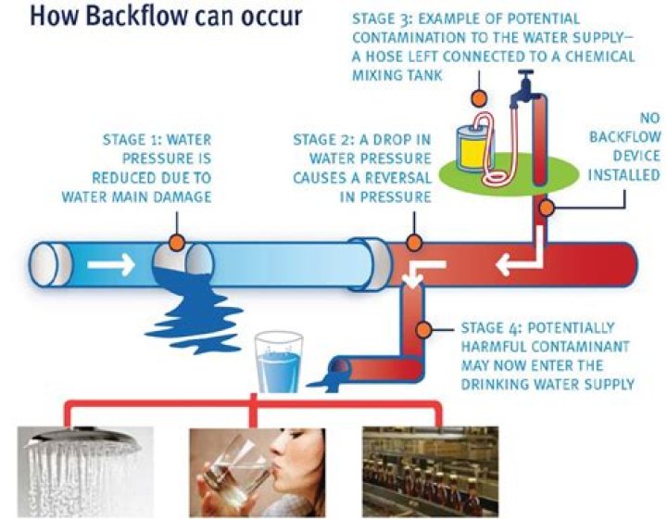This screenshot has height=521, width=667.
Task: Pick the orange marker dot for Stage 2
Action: [415, 243]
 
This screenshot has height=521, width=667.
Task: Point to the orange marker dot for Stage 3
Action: [478, 97]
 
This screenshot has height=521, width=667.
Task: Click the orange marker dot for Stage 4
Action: [423, 326]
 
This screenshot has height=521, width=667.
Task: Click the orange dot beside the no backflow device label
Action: [547, 209]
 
